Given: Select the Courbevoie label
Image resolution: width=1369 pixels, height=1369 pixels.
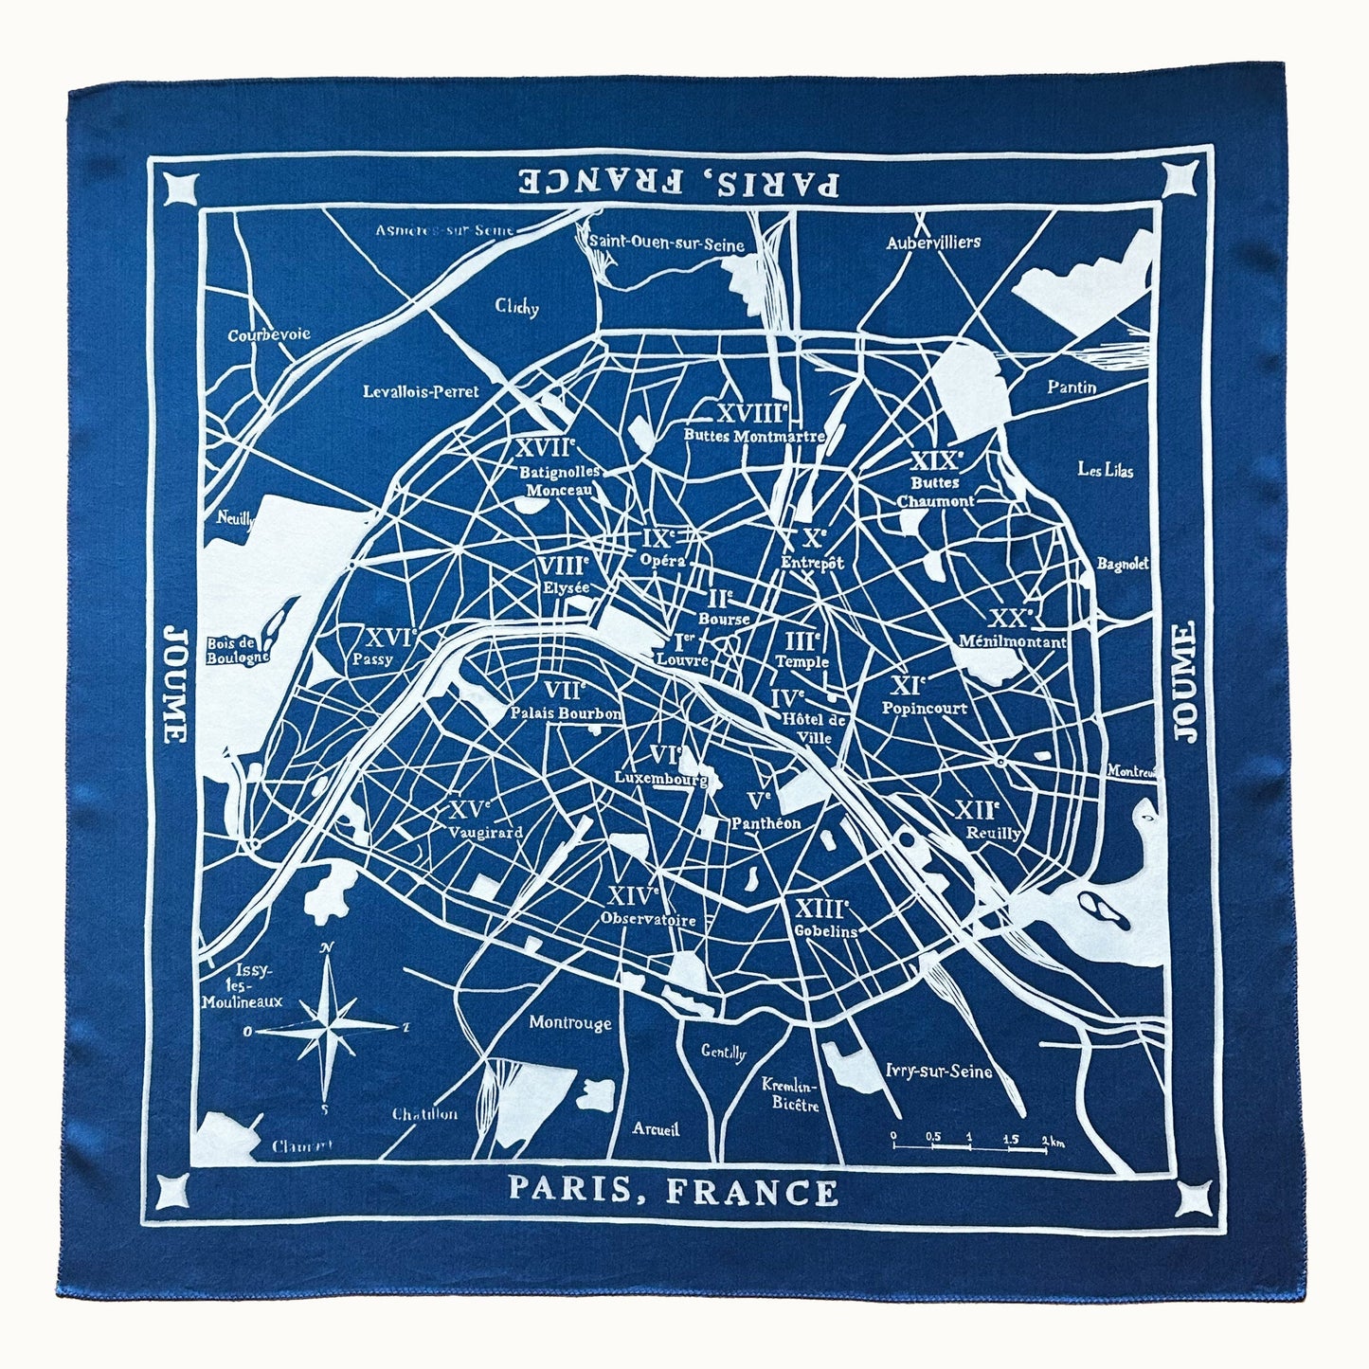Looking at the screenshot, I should [269, 335].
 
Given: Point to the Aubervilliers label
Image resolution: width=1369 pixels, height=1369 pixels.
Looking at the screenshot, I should [933, 243].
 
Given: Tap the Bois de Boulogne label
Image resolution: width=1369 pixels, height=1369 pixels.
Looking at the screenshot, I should [238, 649].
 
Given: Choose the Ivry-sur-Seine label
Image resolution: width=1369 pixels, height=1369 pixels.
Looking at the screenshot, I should [939, 1072].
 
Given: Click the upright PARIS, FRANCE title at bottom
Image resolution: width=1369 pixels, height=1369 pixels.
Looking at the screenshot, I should [673, 1190].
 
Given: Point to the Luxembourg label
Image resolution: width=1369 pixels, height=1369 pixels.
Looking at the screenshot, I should [661, 779].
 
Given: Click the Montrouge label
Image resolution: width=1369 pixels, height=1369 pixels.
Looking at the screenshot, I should [570, 1023].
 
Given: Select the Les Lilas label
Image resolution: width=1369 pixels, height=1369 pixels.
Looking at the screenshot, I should [1106, 470].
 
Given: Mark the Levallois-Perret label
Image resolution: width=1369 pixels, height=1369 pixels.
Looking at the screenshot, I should [422, 391].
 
